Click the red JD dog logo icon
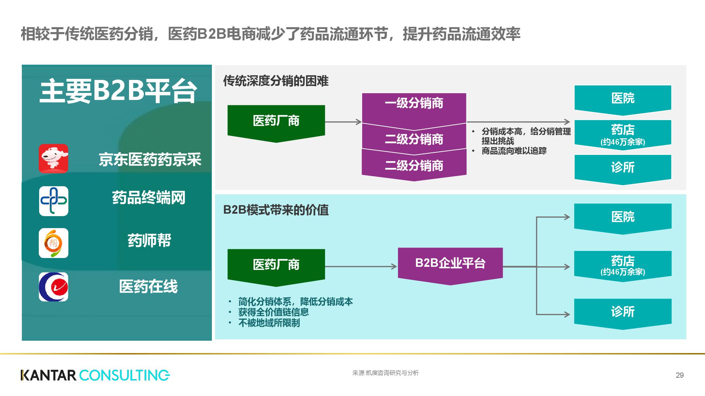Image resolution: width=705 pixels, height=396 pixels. (x=53, y=158)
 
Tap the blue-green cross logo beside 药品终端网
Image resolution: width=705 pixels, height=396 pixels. (x=54, y=201)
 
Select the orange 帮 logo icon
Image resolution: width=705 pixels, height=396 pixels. (x=54, y=243)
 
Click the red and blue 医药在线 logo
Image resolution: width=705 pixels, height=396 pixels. (x=54, y=287)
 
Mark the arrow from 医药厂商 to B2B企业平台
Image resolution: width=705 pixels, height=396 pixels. (x=361, y=266)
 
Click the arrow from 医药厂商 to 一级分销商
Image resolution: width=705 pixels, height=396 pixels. (x=343, y=122)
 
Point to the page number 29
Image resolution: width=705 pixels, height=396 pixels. (x=680, y=375)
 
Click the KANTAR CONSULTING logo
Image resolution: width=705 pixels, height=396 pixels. (x=95, y=375)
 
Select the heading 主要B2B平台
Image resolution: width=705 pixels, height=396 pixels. (x=118, y=91)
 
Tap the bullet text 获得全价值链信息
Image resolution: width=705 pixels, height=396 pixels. (x=274, y=312)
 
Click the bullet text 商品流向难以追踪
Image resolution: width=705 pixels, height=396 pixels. (x=514, y=151)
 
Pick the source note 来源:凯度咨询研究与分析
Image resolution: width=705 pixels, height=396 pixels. (x=385, y=373)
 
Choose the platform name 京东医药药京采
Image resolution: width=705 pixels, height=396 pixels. (x=150, y=159)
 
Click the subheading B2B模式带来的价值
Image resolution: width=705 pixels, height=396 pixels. (x=276, y=210)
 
